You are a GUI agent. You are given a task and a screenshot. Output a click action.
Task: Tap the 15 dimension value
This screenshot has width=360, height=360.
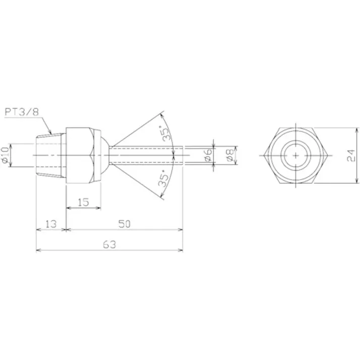click(83, 202)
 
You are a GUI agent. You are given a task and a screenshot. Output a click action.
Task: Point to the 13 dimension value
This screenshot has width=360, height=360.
click(50, 224)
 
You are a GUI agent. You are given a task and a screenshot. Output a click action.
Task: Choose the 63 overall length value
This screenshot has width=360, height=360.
click(110, 244)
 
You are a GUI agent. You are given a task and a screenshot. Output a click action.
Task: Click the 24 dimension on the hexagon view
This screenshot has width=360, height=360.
click(351, 155)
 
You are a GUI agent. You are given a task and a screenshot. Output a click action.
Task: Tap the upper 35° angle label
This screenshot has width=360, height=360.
click(165, 132)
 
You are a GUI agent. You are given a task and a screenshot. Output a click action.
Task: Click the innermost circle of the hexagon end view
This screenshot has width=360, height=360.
click(295, 155)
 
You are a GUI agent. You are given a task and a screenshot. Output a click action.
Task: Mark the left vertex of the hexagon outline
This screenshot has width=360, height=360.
click(264, 155)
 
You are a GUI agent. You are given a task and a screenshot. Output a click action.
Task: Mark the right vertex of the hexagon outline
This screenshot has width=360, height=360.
click(328, 155)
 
